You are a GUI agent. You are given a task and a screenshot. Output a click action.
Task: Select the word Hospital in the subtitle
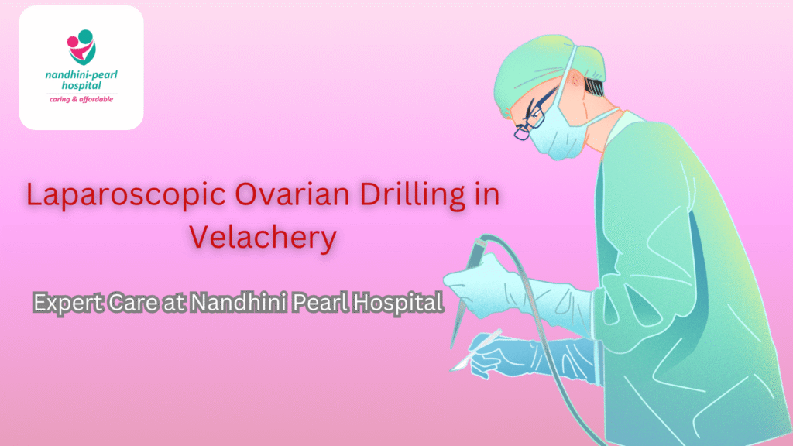397,301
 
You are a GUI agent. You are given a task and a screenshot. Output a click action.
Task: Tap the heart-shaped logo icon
81,47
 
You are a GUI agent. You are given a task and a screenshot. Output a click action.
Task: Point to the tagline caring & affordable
81,99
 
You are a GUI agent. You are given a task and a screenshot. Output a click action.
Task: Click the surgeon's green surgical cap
534,70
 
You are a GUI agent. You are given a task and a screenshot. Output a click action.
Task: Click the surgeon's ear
577,81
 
